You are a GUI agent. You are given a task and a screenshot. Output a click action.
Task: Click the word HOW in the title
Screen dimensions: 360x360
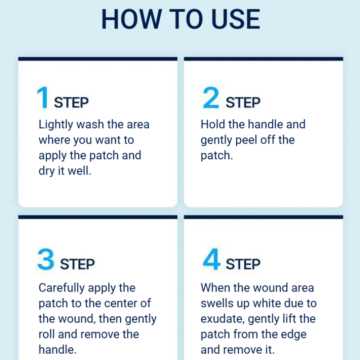[132, 19]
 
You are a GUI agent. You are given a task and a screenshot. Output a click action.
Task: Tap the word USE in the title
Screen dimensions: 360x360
[235, 19]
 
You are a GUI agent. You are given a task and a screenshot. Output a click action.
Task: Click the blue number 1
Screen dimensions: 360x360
[43, 97]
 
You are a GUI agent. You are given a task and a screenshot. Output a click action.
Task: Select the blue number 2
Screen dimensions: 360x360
[211, 97]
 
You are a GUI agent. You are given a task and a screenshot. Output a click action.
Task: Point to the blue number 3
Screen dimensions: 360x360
[46, 259]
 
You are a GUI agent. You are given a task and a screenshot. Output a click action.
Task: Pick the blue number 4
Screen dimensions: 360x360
[211, 259]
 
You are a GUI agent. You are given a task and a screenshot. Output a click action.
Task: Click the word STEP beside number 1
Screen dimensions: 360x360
[71, 103]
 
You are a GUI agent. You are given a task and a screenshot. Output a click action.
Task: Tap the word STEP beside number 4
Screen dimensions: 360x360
[243, 264]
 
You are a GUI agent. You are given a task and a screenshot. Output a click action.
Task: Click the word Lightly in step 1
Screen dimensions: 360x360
[56, 125]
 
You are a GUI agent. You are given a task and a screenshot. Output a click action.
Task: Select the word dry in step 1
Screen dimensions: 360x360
[47, 171]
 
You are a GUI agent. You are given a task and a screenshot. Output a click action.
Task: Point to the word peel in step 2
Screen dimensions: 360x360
[246, 140]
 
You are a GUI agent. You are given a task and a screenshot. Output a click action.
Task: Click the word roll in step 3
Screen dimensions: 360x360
[46, 334]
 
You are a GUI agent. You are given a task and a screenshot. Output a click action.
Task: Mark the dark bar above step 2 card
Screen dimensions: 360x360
[264, 59]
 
